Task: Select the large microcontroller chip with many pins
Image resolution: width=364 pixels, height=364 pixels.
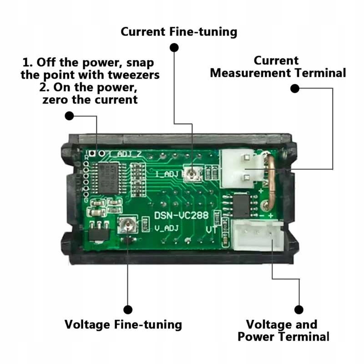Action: point(108,178)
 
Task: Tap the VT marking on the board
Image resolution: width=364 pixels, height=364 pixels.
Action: point(212,230)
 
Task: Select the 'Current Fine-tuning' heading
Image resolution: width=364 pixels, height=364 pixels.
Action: point(179,32)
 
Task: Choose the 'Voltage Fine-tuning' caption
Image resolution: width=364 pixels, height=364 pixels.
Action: point(123,324)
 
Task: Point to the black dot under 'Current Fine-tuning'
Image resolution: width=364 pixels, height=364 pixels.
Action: point(174,47)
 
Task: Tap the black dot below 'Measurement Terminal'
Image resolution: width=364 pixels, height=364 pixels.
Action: point(295,89)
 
